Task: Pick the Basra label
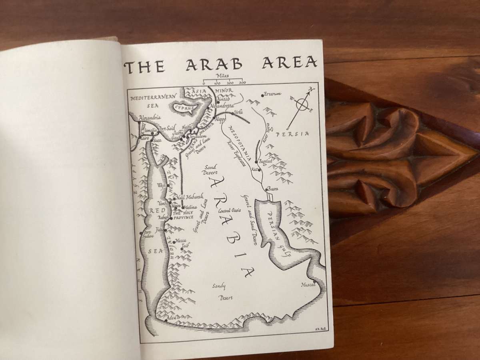272,188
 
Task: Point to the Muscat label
308,285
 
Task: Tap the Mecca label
181,241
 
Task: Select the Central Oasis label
230,210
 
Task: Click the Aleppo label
220,120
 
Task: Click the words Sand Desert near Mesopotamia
210,170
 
